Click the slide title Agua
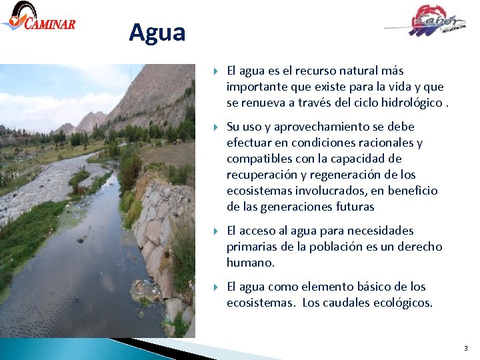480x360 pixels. (x=157, y=32)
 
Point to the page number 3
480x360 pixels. (x=465, y=349)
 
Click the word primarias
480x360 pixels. (x=253, y=247)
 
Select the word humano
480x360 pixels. (x=250, y=263)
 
